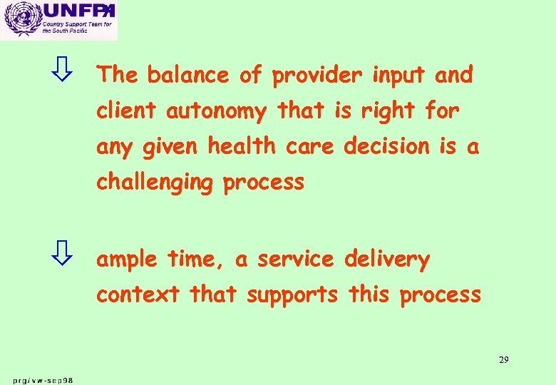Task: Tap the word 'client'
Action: click(x=128, y=111)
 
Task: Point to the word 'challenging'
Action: click(x=155, y=183)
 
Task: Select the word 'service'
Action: click(x=295, y=260)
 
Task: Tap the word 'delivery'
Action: click(x=387, y=260)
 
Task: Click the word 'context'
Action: click(x=138, y=294)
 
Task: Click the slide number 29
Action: click(x=503, y=359)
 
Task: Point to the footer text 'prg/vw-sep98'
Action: click(x=43, y=380)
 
